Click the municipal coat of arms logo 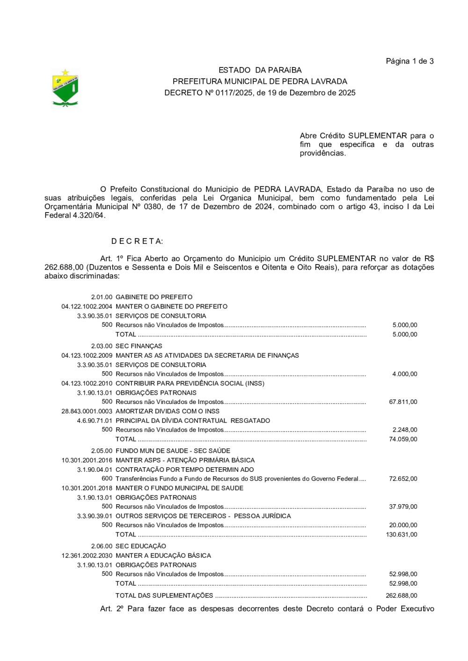(x=65, y=88)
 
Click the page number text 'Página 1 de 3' (x=409, y=61)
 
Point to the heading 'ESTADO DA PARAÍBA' (x=260, y=70)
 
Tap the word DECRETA (x=137, y=242)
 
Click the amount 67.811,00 (x=403, y=402)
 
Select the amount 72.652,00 (x=403, y=479)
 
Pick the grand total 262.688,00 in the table (x=402, y=596)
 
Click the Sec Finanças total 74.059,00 (x=403, y=440)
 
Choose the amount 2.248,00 (x=405, y=430)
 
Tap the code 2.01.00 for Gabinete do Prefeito (x=102, y=297)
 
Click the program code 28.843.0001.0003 (x=87, y=411)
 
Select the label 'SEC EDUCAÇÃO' (x=141, y=546)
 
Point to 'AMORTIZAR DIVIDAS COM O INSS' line (x=168, y=411)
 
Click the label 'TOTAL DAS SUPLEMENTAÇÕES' (x=164, y=596)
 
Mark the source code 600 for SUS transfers (x=107, y=479)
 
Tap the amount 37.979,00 (x=403, y=507)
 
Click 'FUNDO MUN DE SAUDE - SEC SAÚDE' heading (x=173, y=451)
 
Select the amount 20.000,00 (x=403, y=525)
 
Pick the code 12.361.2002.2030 (x=87, y=556)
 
